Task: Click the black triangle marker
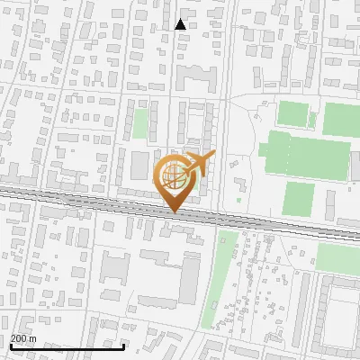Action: [x=181, y=24]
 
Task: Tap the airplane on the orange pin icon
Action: [x=200, y=164]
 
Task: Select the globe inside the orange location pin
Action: [x=173, y=175]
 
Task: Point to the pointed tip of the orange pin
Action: [x=173, y=211]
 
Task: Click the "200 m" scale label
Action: [x=23, y=338]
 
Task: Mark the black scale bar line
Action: [x=67, y=346]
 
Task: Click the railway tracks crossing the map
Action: [x=90, y=198]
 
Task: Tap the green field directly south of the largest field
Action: [x=299, y=197]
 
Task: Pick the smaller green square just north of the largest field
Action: [x=292, y=115]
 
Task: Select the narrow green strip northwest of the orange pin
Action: [x=140, y=123]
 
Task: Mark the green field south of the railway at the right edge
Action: [x=337, y=257]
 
